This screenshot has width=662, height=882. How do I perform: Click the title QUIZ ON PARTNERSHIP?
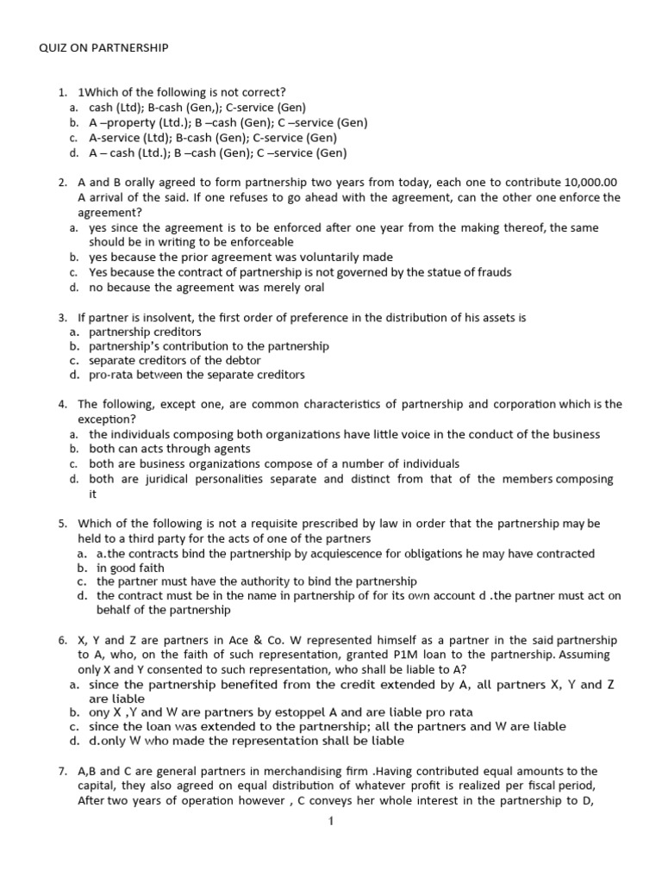point(103,49)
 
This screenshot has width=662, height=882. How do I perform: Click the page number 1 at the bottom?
point(330,821)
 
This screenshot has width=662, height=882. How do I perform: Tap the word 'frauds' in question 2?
point(488,272)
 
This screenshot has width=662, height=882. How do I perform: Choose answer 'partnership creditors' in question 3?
point(145,332)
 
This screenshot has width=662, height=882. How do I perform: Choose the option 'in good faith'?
point(130,568)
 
